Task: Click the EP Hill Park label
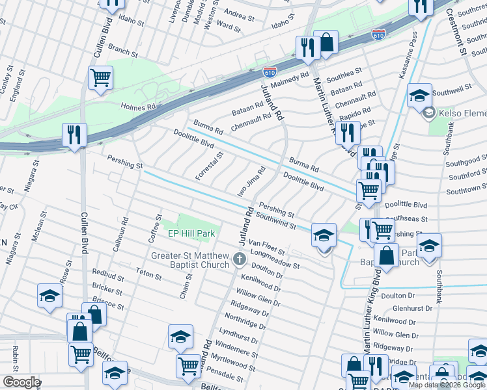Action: (191, 233)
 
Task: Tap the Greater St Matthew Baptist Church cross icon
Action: (240, 261)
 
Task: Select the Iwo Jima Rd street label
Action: (251, 178)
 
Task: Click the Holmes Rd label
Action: (138, 107)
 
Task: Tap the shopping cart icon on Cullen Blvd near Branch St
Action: (100, 77)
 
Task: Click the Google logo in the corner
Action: (21, 382)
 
